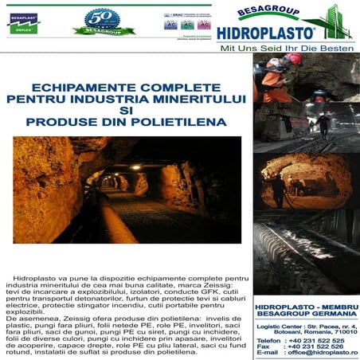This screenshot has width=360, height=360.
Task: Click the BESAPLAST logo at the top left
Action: [25, 21]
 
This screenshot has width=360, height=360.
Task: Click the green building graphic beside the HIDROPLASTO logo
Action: [338, 24]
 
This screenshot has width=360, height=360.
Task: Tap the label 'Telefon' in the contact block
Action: [269, 340]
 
